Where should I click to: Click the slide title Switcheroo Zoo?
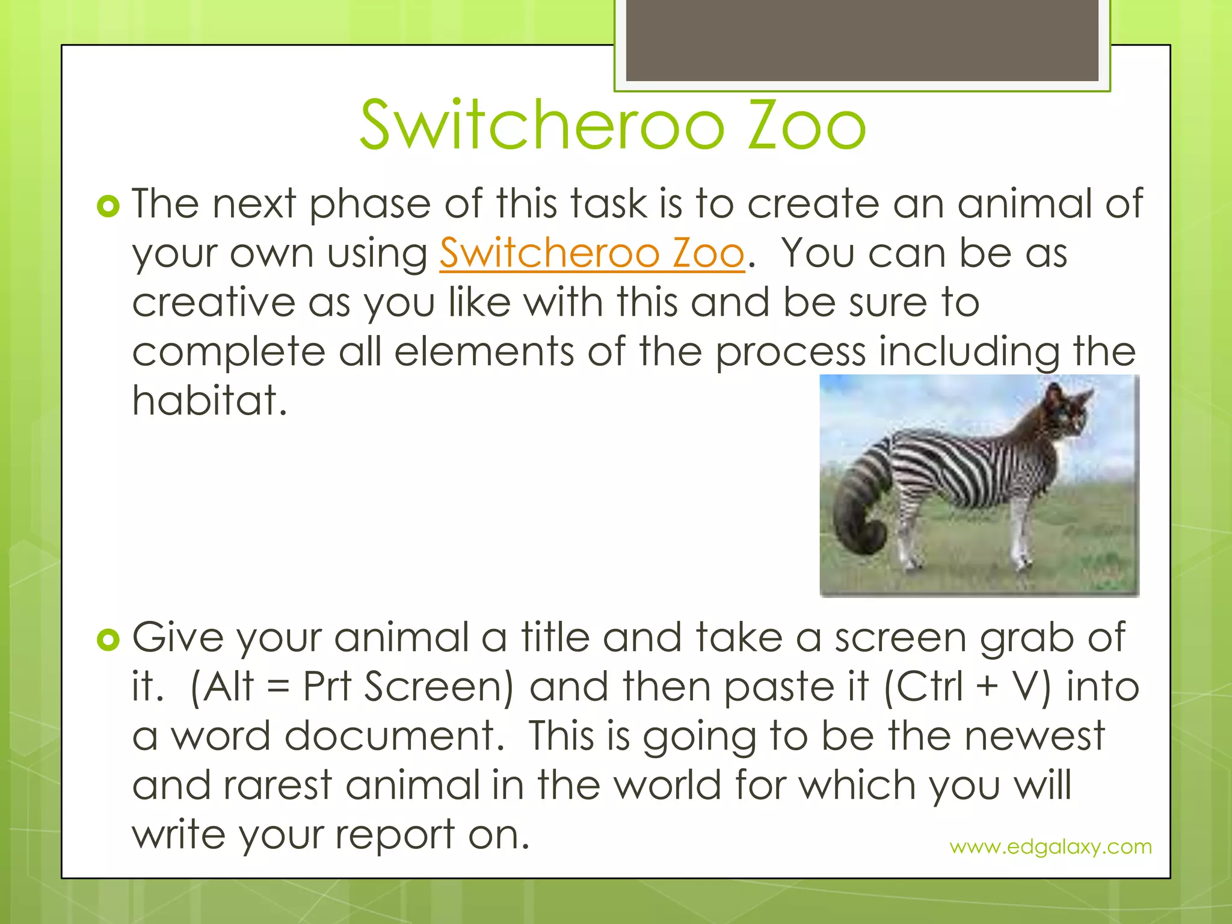coord(612,125)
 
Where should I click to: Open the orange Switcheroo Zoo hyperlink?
coord(592,253)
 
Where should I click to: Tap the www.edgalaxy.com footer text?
coord(1050,846)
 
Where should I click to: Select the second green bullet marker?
coord(108,641)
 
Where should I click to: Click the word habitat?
coord(209,401)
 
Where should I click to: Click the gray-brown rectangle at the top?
coord(862,40)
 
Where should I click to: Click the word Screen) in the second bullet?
coord(439,687)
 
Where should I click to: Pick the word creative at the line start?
coord(214,303)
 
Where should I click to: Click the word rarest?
coord(278,786)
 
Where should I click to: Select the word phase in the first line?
coord(370,205)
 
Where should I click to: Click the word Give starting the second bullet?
coord(178,638)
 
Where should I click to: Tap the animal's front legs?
coord(1020,535)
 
